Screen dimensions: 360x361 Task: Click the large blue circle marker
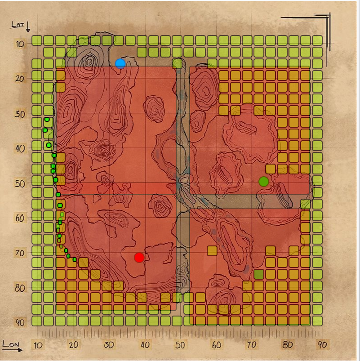120,64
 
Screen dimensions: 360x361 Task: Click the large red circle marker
139,258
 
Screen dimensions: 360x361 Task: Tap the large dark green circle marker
264,182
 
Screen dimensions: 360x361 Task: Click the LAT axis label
18,24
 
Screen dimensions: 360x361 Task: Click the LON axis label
11,344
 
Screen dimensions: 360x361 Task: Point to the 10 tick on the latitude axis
20,44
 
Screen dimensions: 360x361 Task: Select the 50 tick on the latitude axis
20,184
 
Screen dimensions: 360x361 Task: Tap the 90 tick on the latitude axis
20,323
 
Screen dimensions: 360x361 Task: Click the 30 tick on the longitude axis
109,345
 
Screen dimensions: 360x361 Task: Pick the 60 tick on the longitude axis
217,345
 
